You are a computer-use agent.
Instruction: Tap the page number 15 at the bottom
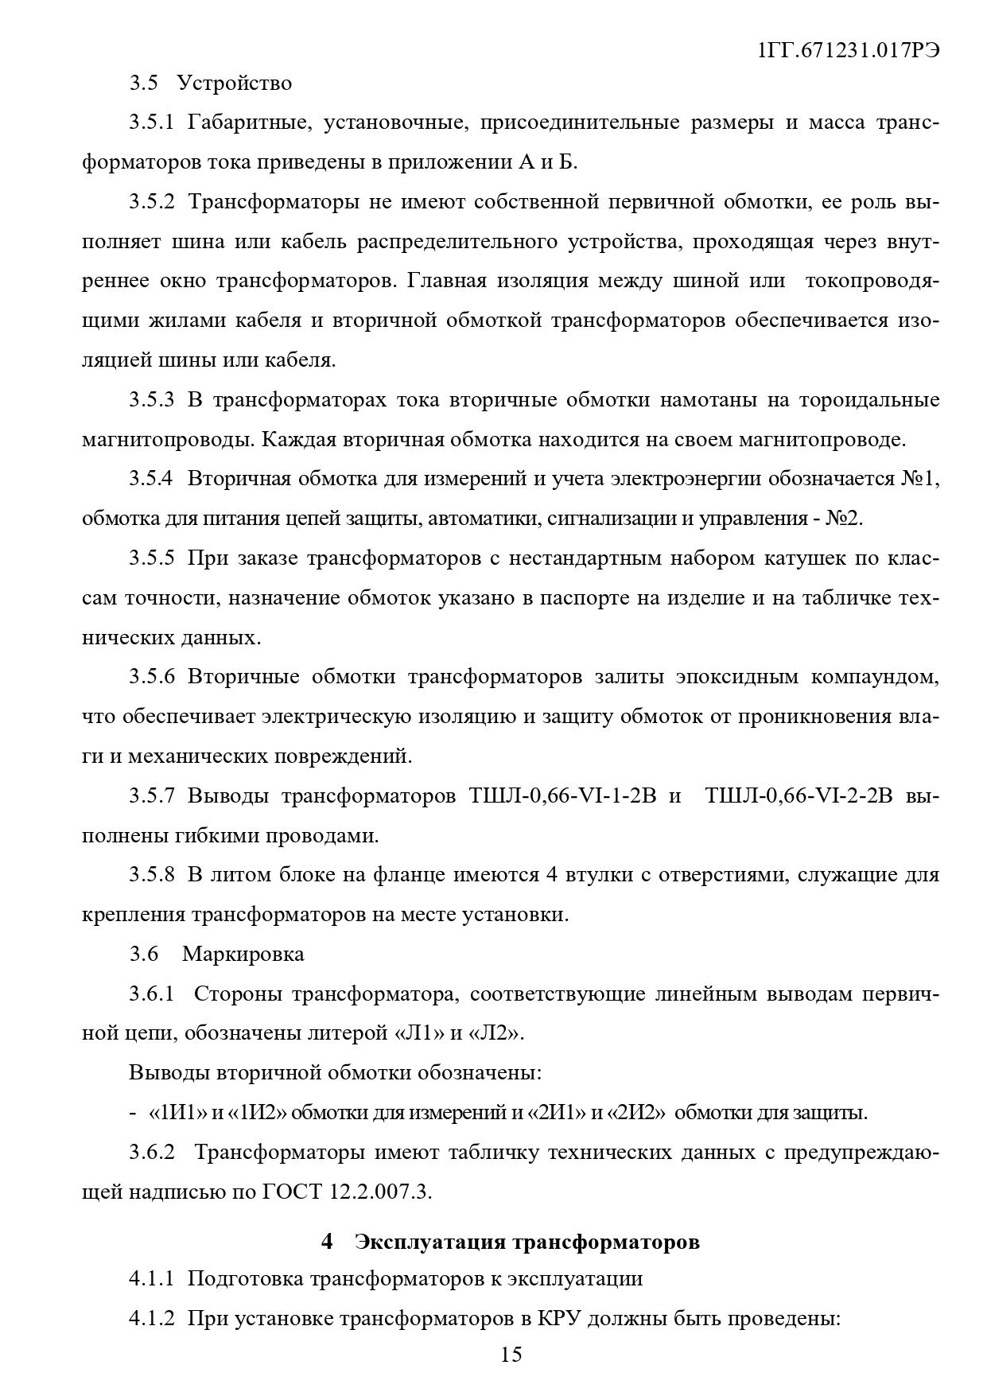tap(511, 1354)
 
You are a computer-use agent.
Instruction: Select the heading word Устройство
tap(235, 83)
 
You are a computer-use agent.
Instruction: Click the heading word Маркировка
tap(243, 954)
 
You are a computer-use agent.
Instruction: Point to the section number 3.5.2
tap(152, 201)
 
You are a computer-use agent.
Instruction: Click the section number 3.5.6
tap(152, 677)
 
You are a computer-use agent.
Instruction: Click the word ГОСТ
tap(292, 1192)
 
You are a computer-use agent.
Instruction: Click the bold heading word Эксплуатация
tap(429, 1242)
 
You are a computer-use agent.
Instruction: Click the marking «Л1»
tap(417, 1033)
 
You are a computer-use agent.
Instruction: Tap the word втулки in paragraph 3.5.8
tap(598, 875)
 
